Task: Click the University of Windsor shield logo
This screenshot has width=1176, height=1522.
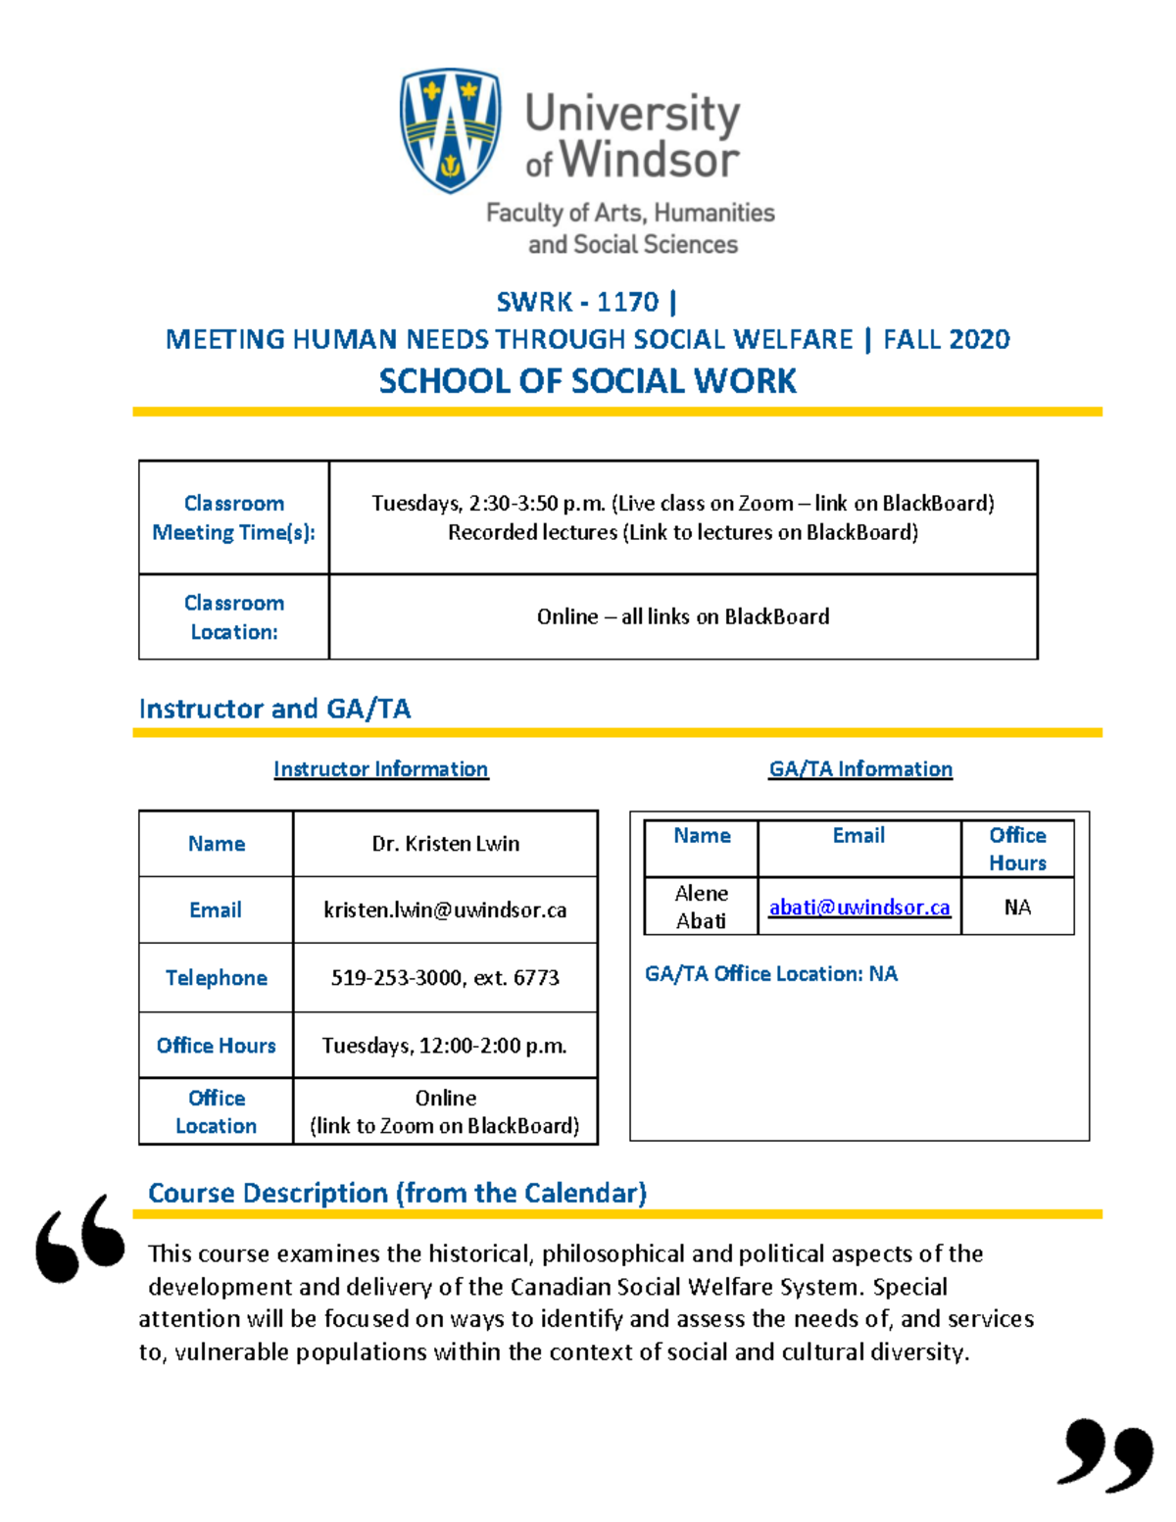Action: (450, 129)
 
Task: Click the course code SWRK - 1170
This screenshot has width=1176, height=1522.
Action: (576, 302)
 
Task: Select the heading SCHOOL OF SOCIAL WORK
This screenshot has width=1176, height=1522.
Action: (587, 381)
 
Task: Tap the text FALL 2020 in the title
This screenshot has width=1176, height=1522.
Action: (946, 339)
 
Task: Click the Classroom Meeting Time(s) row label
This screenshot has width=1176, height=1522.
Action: (233, 517)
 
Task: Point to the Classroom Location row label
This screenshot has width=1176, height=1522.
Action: (233, 617)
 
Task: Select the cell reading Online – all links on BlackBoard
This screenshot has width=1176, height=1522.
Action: (682, 616)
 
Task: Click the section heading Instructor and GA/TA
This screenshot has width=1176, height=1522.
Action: (274, 709)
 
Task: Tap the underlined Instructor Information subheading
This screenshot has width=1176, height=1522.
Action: (380, 769)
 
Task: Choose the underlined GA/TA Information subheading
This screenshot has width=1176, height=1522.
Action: (859, 769)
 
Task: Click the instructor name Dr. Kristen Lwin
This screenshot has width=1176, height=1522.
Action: (445, 844)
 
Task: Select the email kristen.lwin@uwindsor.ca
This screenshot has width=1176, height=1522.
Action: (445, 910)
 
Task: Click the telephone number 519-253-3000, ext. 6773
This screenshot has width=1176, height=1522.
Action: (445, 978)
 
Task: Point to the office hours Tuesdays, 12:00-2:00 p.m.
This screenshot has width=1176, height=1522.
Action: (445, 1046)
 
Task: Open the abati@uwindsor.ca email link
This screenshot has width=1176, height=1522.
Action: (858, 908)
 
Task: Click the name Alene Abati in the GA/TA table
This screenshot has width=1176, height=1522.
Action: (701, 907)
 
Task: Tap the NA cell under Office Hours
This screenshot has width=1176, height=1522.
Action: (1017, 908)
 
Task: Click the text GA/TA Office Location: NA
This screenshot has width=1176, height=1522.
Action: (770, 974)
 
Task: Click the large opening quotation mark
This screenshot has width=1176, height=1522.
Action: (80, 1239)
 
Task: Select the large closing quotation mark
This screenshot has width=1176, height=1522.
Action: (1105, 1454)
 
